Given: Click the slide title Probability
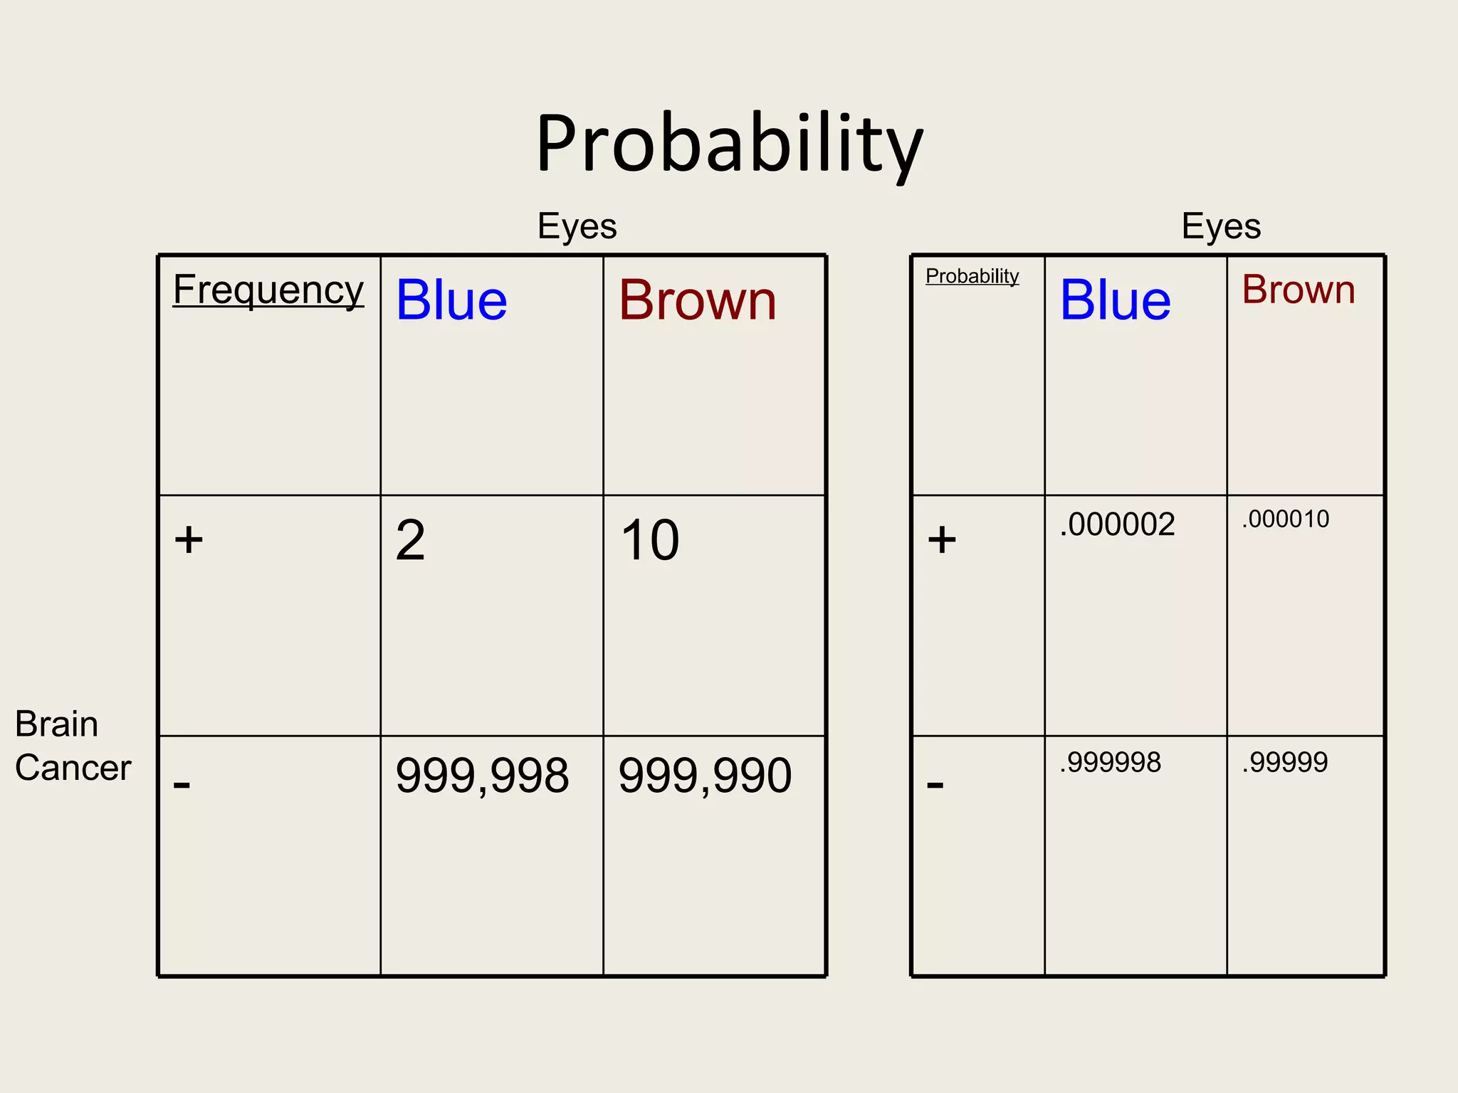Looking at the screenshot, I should click(729, 144).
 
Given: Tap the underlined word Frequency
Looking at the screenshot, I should click(268, 290).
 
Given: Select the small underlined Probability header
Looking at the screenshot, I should click(972, 276).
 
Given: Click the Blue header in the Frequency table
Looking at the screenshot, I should click(451, 300).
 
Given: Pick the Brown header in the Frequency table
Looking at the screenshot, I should click(698, 300).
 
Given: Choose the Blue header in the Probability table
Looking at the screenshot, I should click(1115, 300).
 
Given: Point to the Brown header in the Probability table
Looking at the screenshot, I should click(1299, 290).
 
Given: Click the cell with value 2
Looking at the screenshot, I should click(411, 540).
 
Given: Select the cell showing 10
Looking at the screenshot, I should click(650, 540).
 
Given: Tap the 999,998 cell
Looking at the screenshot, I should click(482, 776).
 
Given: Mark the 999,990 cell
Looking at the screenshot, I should click(705, 776).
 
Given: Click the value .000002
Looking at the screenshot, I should click(1117, 525).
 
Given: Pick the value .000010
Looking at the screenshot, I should click(1285, 519).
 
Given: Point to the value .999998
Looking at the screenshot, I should click(1110, 763).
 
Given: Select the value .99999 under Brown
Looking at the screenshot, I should click(1284, 763).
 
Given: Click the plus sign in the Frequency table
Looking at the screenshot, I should click(189, 539).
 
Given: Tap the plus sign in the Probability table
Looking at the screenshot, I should click(942, 539).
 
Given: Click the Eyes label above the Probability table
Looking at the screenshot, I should click(1221, 226).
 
